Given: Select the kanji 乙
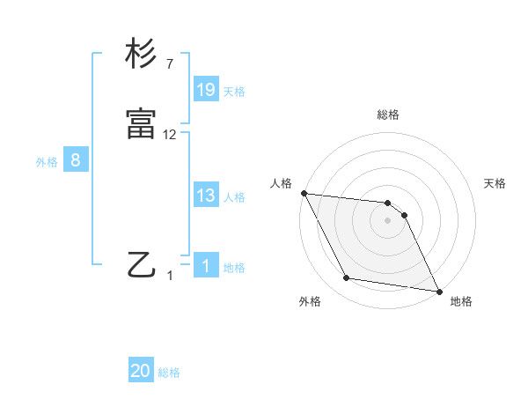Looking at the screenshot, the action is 142,263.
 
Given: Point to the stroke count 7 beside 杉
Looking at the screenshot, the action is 169,64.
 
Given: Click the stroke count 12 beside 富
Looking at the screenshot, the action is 170,134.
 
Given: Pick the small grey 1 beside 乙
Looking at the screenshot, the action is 171,276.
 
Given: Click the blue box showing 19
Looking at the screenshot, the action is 206,90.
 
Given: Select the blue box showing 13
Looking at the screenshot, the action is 206,196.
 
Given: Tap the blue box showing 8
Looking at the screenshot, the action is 76,160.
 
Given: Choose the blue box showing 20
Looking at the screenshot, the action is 141,371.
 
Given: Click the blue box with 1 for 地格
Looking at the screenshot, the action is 206,266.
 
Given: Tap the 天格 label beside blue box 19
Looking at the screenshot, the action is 234,92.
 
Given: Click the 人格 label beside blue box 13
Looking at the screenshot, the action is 234,197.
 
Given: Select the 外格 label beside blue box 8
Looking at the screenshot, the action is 47,162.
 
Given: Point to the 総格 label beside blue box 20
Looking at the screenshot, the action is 169,373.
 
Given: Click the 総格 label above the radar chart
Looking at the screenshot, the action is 388,115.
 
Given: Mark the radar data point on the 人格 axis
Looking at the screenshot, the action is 304,193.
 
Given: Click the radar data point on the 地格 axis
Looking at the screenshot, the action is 438,291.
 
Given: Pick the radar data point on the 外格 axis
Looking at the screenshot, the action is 347,279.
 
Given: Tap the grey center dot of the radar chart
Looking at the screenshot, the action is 388,220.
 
